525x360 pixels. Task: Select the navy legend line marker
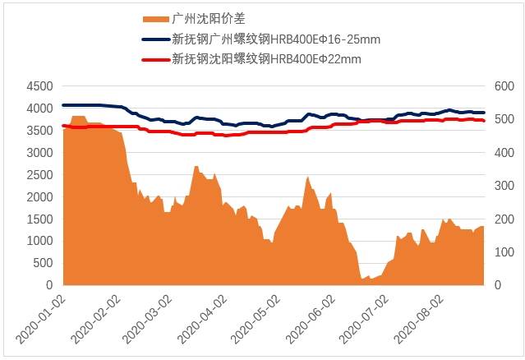(x=155, y=39)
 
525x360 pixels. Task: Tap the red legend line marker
(x=155, y=59)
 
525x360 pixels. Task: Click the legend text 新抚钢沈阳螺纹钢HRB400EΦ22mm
(x=266, y=59)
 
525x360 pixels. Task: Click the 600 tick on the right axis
(x=502, y=86)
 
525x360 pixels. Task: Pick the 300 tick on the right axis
(x=502, y=186)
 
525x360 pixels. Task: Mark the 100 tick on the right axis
(x=502, y=252)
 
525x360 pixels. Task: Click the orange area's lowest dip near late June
(x=362, y=279)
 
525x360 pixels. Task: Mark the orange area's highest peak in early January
(x=79, y=117)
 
